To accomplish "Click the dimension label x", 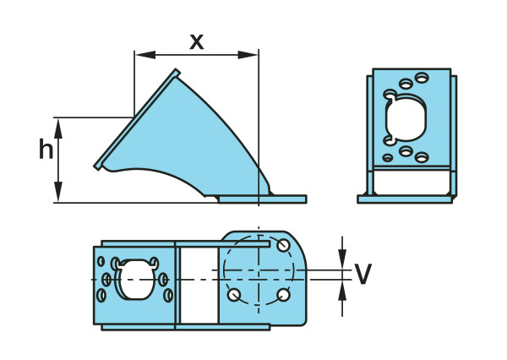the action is [x=197, y=42].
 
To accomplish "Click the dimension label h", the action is [x=46, y=149].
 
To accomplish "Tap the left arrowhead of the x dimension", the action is [x=145, y=55].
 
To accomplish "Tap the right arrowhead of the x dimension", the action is [x=248, y=55].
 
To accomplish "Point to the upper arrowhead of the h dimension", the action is [x=58, y=128].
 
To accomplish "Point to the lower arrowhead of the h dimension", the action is [x=58, y=192].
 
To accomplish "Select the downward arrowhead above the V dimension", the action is [x=342, y=259].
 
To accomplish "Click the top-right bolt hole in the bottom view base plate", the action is [x=283, y=245].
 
